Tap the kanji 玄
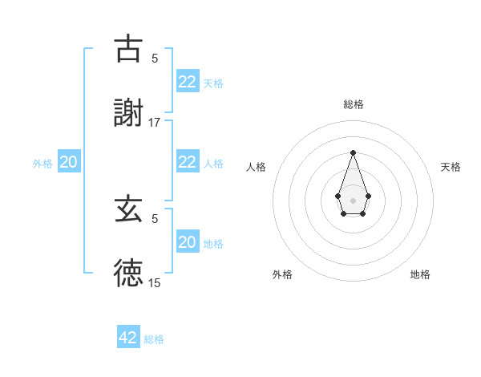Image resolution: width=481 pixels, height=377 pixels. [x=128, y=209]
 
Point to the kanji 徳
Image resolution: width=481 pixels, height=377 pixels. [x=128, y=272]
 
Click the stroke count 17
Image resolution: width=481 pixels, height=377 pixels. [x=155, y=122]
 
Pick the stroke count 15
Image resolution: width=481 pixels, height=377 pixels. [x=155, y=282]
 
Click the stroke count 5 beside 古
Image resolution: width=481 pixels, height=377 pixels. [x=155, y=59]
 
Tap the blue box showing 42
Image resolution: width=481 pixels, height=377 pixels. [x=128, y=338]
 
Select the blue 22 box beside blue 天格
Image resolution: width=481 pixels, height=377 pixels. [x=187, y=81]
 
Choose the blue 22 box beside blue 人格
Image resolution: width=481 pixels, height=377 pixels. [x=187, y=161]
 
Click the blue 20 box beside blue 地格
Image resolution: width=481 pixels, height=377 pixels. [x=187, y=242]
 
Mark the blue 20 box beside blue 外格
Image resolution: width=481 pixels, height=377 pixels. [x=68, y=162]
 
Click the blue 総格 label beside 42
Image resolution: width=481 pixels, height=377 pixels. [x=154, y=339]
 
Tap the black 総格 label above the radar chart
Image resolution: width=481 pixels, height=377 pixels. [x=353, y=104]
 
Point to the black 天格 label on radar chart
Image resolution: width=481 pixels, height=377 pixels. [x=451, y=167]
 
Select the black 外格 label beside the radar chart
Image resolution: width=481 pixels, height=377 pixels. [x=282, y=274]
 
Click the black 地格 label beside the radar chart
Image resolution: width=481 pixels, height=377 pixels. [x=420, y=274]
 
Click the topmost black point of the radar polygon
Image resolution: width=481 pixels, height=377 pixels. [x=353, y=152]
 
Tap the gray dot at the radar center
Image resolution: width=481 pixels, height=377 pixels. [x=353, y=199]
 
